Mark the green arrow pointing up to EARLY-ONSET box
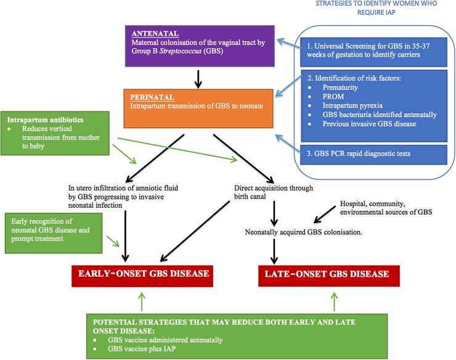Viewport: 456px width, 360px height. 142,301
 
